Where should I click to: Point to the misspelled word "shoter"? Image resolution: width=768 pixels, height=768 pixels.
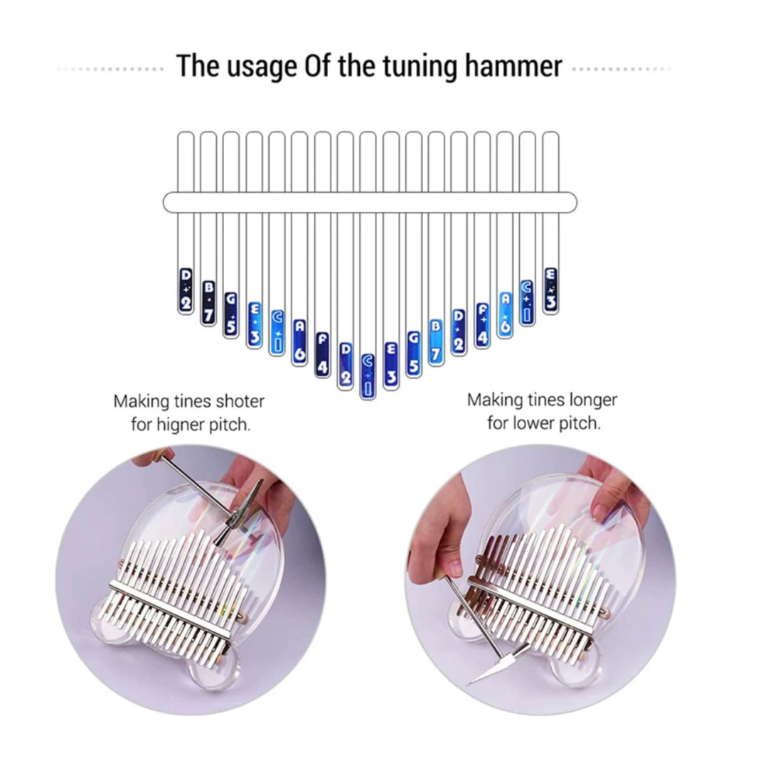240,401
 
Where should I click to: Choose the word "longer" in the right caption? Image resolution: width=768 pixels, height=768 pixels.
592,400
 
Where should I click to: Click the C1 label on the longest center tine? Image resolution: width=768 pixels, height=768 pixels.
368,375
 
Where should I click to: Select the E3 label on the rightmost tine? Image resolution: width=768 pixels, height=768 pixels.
551,289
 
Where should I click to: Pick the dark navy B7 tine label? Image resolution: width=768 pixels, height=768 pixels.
208,302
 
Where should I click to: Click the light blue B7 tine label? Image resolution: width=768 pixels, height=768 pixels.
436,342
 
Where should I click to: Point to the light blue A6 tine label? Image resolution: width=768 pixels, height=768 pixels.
506,314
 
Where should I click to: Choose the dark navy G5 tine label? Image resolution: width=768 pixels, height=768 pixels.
231,314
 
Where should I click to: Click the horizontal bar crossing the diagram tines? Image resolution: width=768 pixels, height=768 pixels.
370,202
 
